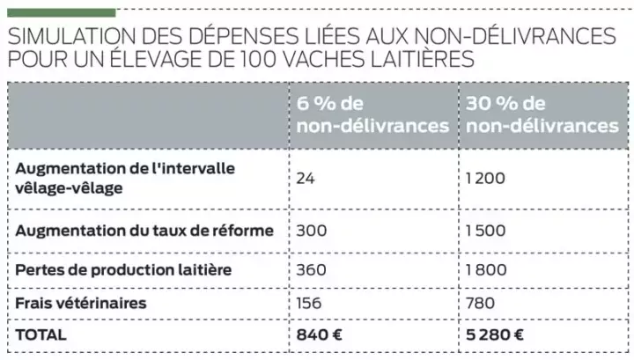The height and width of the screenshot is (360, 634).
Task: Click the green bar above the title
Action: pos(59,12)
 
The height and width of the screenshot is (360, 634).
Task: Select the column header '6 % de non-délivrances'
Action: pos(372,115)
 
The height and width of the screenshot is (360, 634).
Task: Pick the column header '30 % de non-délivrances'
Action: pos(542,115)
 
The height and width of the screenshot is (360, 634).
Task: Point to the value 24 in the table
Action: pos(306,178)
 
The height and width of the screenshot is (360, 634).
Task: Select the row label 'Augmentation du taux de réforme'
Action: pos(145,231)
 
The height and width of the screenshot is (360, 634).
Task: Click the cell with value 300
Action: pos(310,231)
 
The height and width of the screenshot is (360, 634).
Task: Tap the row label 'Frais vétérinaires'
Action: pos(81,303)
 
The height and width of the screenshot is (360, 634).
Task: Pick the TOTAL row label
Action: pos(41,334)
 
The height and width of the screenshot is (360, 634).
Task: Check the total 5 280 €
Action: pos(496,334)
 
